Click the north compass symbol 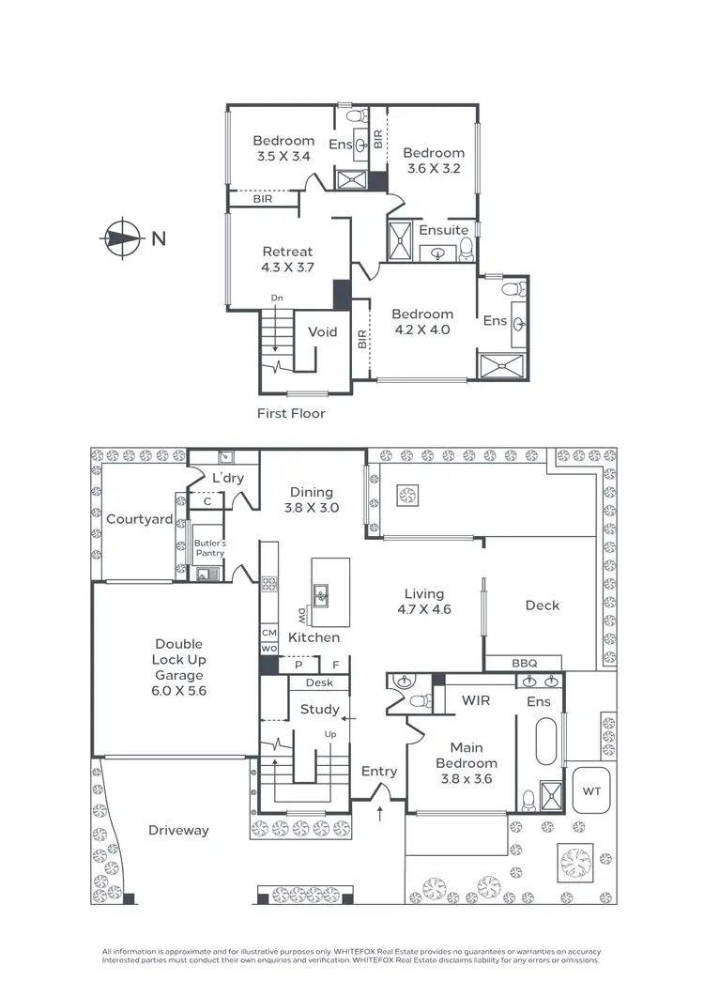click(120, 238)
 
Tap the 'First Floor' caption click(291, 412)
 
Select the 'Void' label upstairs click(322, 331)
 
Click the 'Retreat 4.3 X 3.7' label click(287, 259)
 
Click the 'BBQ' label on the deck click(524, 663)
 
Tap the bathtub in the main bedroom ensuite click(545, 743)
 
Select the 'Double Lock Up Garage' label click(178, 667)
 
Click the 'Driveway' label click(178, 830)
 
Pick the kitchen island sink click(321, 593)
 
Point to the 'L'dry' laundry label click(227, 479)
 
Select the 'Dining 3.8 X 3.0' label click(312, 499)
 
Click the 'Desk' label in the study click(319, 683)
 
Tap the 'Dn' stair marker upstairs click(277, 298)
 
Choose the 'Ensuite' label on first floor click(443, 230)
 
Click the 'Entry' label click(379, 771)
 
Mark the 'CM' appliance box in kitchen click(268, 634)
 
